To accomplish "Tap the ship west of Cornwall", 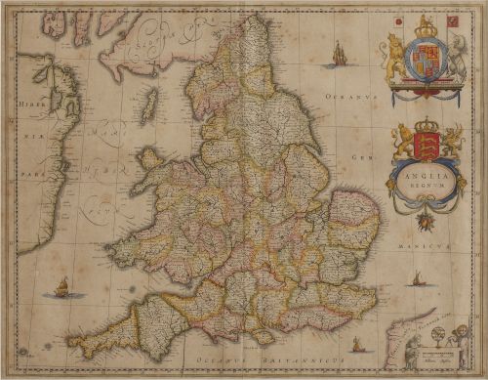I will [x=61, y=287].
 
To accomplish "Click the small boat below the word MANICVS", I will [x=417, y=279].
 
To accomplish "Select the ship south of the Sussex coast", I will [x=356, y=344].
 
